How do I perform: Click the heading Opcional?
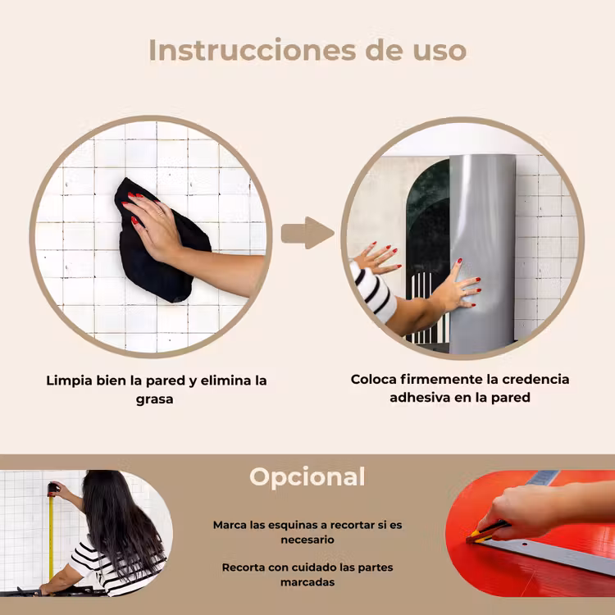(x=307, y=477)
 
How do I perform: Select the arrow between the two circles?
(x=307, y=233)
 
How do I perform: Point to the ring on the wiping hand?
(x=160, y=213)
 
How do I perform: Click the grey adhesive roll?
(x=482, y=251)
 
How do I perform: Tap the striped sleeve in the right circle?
(x=372, y=290)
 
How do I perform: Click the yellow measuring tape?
(x=51, y=537)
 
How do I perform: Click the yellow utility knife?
(x=486, y=533)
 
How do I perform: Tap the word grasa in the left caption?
(x=154, y=399)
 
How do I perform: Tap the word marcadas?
(x=307, y=582)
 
